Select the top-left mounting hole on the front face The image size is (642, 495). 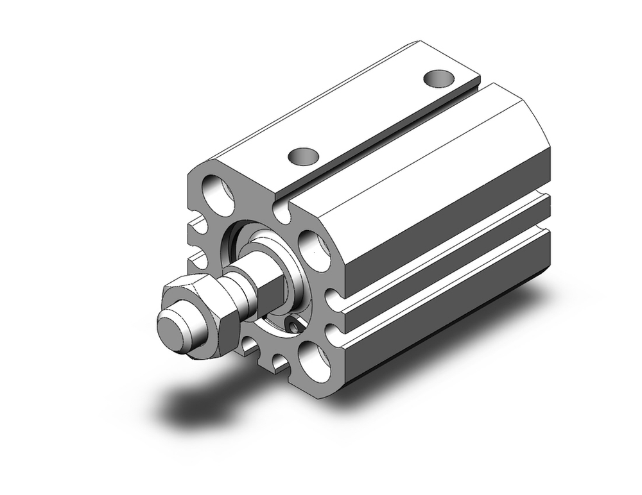[218, 194]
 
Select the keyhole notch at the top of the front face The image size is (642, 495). [281, 210]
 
